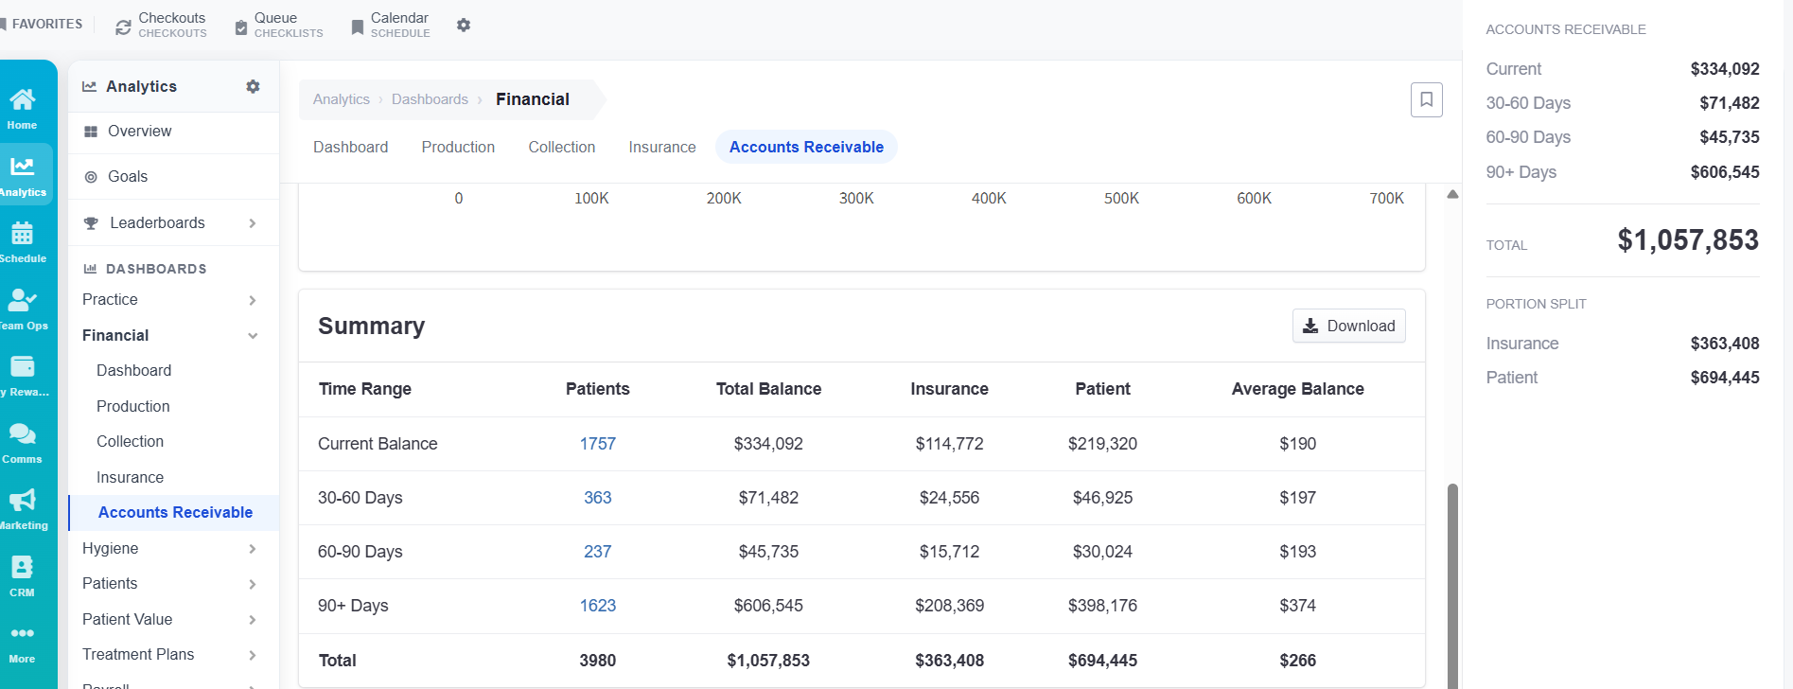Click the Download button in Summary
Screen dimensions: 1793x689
pos(1348,326)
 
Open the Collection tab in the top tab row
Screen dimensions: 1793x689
pos(562,147)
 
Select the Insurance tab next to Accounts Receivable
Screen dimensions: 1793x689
pos(662,147)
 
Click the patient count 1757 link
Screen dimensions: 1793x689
pos(598,444)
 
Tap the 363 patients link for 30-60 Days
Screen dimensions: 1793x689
pos(598,498)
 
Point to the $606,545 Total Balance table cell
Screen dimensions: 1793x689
pos(768,606)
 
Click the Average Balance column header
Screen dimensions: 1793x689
pos(1298,389)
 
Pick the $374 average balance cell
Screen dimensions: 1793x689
pos(1298,606)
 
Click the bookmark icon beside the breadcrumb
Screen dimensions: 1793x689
pos(1427,99)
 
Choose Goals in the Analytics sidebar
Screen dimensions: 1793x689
pos(128,177)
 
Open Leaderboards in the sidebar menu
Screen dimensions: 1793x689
pos(157,223)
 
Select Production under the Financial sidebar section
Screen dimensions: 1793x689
pos(133,406)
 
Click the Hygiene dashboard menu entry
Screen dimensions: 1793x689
pos(111,549)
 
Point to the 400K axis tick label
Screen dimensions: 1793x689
pos(989,199)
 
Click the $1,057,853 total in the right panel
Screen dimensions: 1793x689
pos(1688,240)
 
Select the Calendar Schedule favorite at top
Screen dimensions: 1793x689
pos(390,25)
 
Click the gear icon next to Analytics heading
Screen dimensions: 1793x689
pos(253,86)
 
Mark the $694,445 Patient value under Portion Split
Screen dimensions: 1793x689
pos(1725,378)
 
